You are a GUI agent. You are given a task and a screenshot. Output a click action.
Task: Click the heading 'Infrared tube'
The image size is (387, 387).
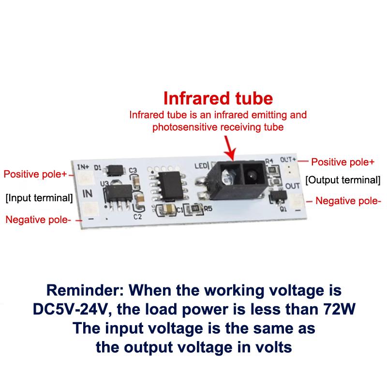click(218, 98)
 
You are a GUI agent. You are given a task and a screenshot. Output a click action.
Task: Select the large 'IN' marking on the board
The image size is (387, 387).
click(88, 193)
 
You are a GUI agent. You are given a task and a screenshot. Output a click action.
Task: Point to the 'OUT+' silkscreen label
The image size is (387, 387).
click(288, 159)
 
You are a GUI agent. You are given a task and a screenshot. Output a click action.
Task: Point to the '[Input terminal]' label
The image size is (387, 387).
click(39, 197)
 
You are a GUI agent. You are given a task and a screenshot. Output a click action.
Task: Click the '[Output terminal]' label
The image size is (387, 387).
click(342, 180)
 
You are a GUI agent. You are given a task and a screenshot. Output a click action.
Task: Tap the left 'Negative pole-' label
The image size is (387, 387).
click(38, 220)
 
